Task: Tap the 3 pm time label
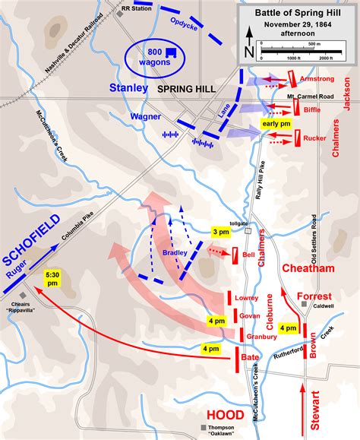pyautogui.click(x=220, y=232)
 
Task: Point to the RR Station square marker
pyautogui.click(x=118, y=14)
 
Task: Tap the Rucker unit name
pyautogui.click(x=314, y=139)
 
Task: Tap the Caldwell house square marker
pyautogui.click(x=304, y=305)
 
